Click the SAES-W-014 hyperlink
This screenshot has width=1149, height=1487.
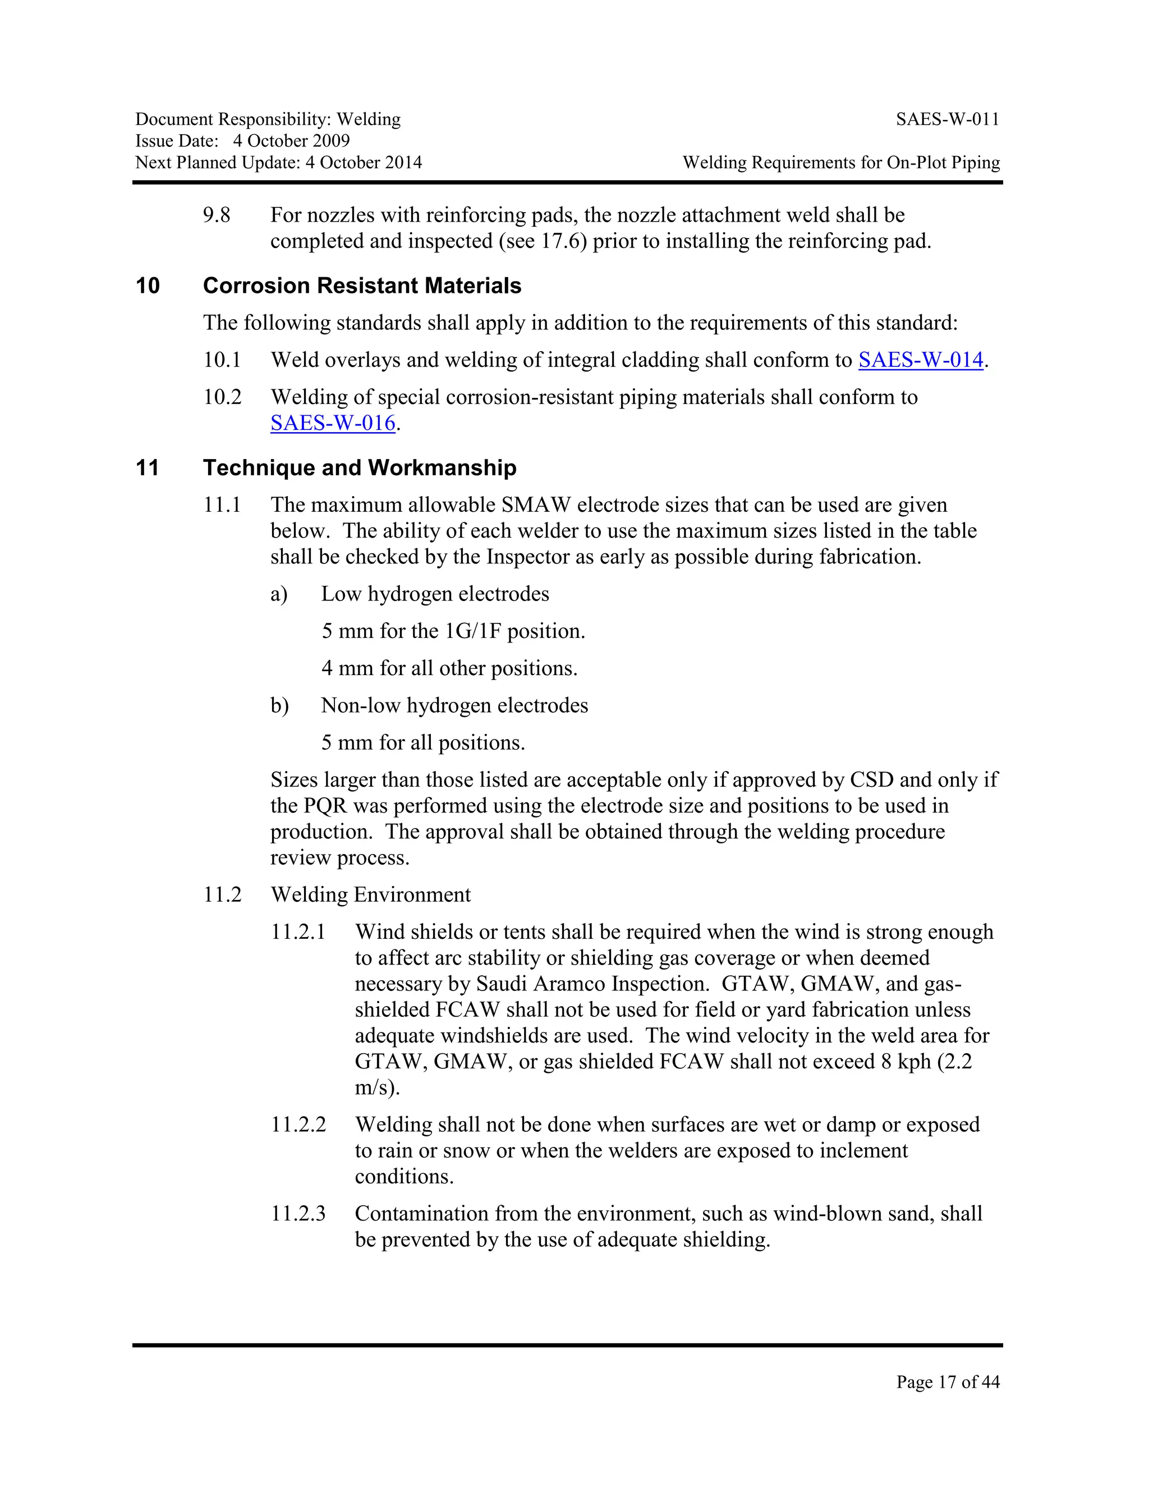pos(920,360)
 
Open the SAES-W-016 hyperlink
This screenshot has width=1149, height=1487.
pos(333,423)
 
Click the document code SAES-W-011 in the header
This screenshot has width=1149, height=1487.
pos(947,120)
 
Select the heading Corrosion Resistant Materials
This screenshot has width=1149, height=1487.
pos(361,286)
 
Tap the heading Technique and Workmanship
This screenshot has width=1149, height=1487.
pos(360,468)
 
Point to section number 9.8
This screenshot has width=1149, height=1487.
pos(217,215)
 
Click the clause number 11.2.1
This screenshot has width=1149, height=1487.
pos(298,931)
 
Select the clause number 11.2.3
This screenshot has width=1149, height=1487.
pos(298,1213)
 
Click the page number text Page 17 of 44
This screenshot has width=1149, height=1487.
pos(948,1382)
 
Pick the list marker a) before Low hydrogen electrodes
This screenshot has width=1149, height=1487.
pos(279,594)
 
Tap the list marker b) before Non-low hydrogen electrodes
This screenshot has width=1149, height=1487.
pos(279,705)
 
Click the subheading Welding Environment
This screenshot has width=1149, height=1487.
pos(370,894)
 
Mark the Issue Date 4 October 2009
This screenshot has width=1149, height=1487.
pos(291,141)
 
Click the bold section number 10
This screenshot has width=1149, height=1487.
pos(148,286)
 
